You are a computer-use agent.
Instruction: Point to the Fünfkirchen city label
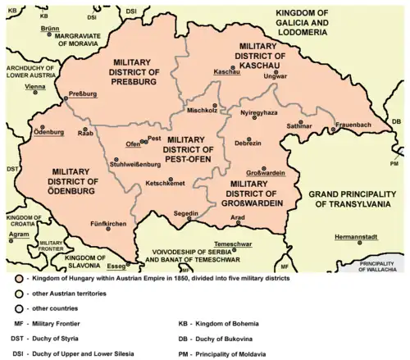coord(107,223)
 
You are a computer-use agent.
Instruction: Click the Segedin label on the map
coord(186,213)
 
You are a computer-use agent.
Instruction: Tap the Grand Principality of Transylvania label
coord(353,199)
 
